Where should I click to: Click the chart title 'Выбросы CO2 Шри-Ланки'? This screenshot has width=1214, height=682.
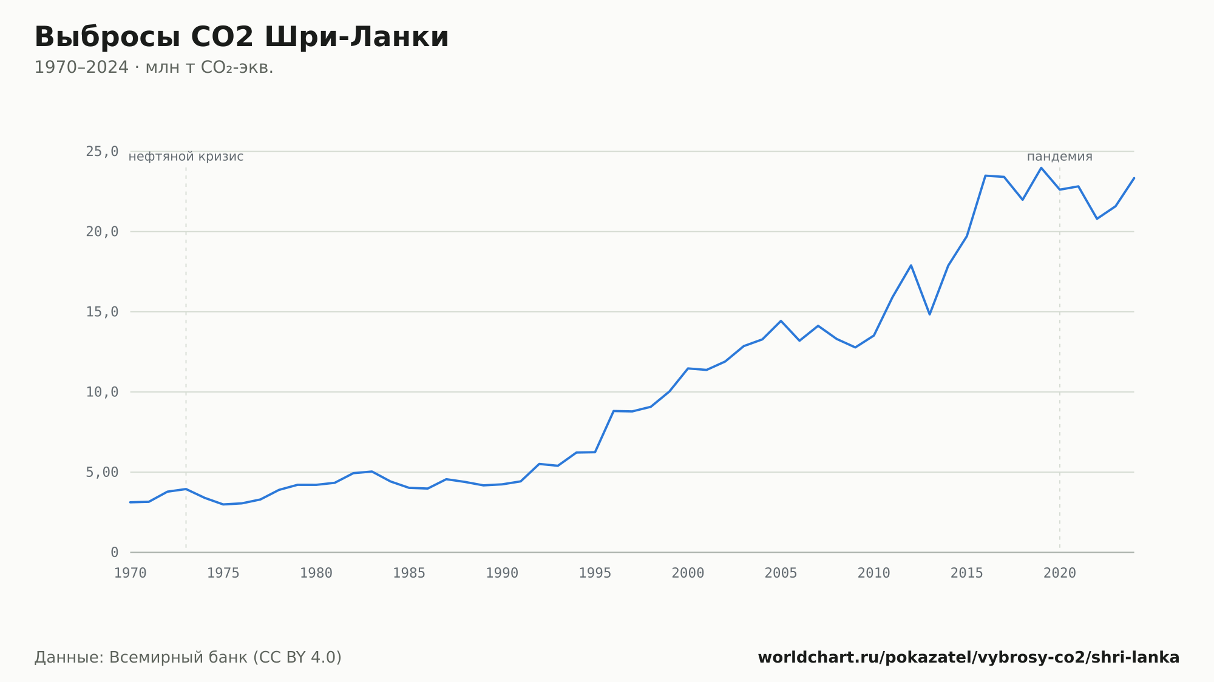pyautogui.click(x=242, y=37)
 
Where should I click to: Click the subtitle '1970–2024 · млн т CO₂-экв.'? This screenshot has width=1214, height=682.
pyautogui.click(x=154, y=67)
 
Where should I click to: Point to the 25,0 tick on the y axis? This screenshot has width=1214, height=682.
pyautogui.click(x=102, y=152)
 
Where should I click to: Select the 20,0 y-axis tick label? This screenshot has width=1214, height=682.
pyautogui.click(x=102, y=232)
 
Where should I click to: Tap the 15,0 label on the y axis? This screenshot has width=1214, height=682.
pyautogui.click(x=102, y=312)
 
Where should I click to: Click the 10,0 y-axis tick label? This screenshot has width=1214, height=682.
pyautogui.click(x=102, y=392)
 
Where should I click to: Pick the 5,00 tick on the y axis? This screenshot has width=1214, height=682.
pyautogui.click(x=102, y=472)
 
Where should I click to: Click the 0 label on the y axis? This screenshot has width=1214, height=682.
pyautogui.click(x=114, y=552)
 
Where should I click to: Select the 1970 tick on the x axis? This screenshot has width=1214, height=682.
pyautogui.click(x=131, y=573)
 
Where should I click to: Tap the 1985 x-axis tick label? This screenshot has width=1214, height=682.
pyautogui.click(x=409, y=573)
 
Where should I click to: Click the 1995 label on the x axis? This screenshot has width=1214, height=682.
pyautogui.click(x=595, y=573)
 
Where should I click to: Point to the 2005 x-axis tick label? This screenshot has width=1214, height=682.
pyautogui.click(x=781, y=573)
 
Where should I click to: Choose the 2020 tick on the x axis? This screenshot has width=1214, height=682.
pyautogui.click(x=1060, y=573)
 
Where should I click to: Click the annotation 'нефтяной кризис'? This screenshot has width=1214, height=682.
pyautogui.click(x=186, y=157)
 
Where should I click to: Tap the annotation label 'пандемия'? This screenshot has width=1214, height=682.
pyautogui.click(x=1060, y=157)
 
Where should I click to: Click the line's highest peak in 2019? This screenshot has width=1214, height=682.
pyautogui.click(x=1041, y=167)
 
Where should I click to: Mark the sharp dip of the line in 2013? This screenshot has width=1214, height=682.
pyautogui.click(x=929, y=314)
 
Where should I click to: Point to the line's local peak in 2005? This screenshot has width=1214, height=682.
pyautogui.click(x=781, y=320)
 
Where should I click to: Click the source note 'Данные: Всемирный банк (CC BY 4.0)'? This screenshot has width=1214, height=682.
pyautogui.click(x=188, y=658)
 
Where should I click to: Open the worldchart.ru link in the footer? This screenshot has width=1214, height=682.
pyautogui.click(x=969, y=658)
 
